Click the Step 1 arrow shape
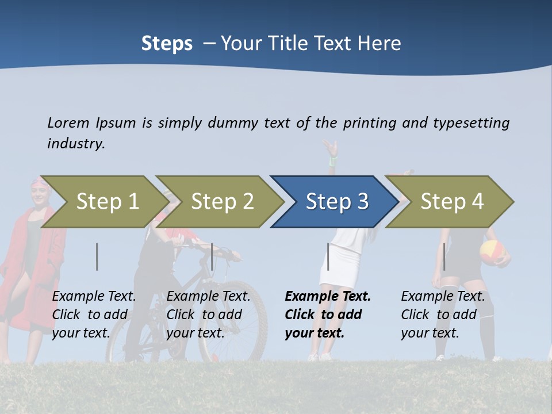(x=103, y=202)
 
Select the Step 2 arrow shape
(x=219, y=202)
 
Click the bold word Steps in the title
(x=167, y=44)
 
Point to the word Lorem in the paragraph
(x=68, y=122)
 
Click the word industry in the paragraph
(x=76, y=144)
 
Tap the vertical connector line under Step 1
(x=97, y=256)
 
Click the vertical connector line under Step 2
(x=212, y=256)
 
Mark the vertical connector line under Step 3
(x=328, y=256)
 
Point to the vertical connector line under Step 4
(x=444, y=256)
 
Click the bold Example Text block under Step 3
(x=328, y=315)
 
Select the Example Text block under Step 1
(x=94, y=315)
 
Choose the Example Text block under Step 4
(x=443, y=315)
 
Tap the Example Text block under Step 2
(x=208, y=315)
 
